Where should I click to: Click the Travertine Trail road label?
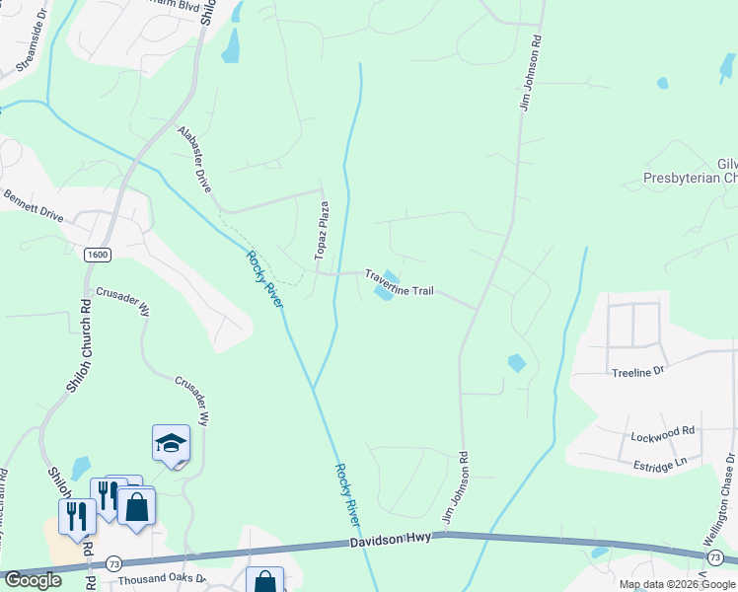(399, 283)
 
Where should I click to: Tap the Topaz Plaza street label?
(322, 231)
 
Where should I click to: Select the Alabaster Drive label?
(194, 158)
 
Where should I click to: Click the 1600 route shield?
(97, 255)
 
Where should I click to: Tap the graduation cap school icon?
(171, 444)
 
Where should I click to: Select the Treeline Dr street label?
(638, 372)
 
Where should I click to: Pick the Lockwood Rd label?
(663, 432)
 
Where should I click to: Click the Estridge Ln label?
(662, 461)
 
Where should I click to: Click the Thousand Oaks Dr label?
(161, 580)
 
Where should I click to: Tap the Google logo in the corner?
(33, 580)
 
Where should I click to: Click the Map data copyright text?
(676, 584)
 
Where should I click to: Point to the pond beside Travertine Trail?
(386, 286)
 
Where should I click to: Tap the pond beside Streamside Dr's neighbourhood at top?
(231, 44)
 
